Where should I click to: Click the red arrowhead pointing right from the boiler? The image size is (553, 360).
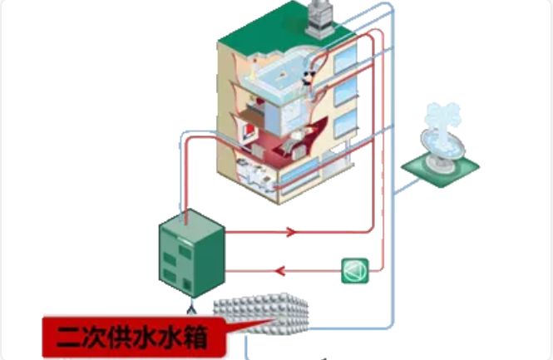[x=290, y=232]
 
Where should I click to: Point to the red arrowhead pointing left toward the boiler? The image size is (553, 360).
[x=281, y=270]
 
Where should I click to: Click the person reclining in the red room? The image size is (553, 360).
[x=299, y=141]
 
